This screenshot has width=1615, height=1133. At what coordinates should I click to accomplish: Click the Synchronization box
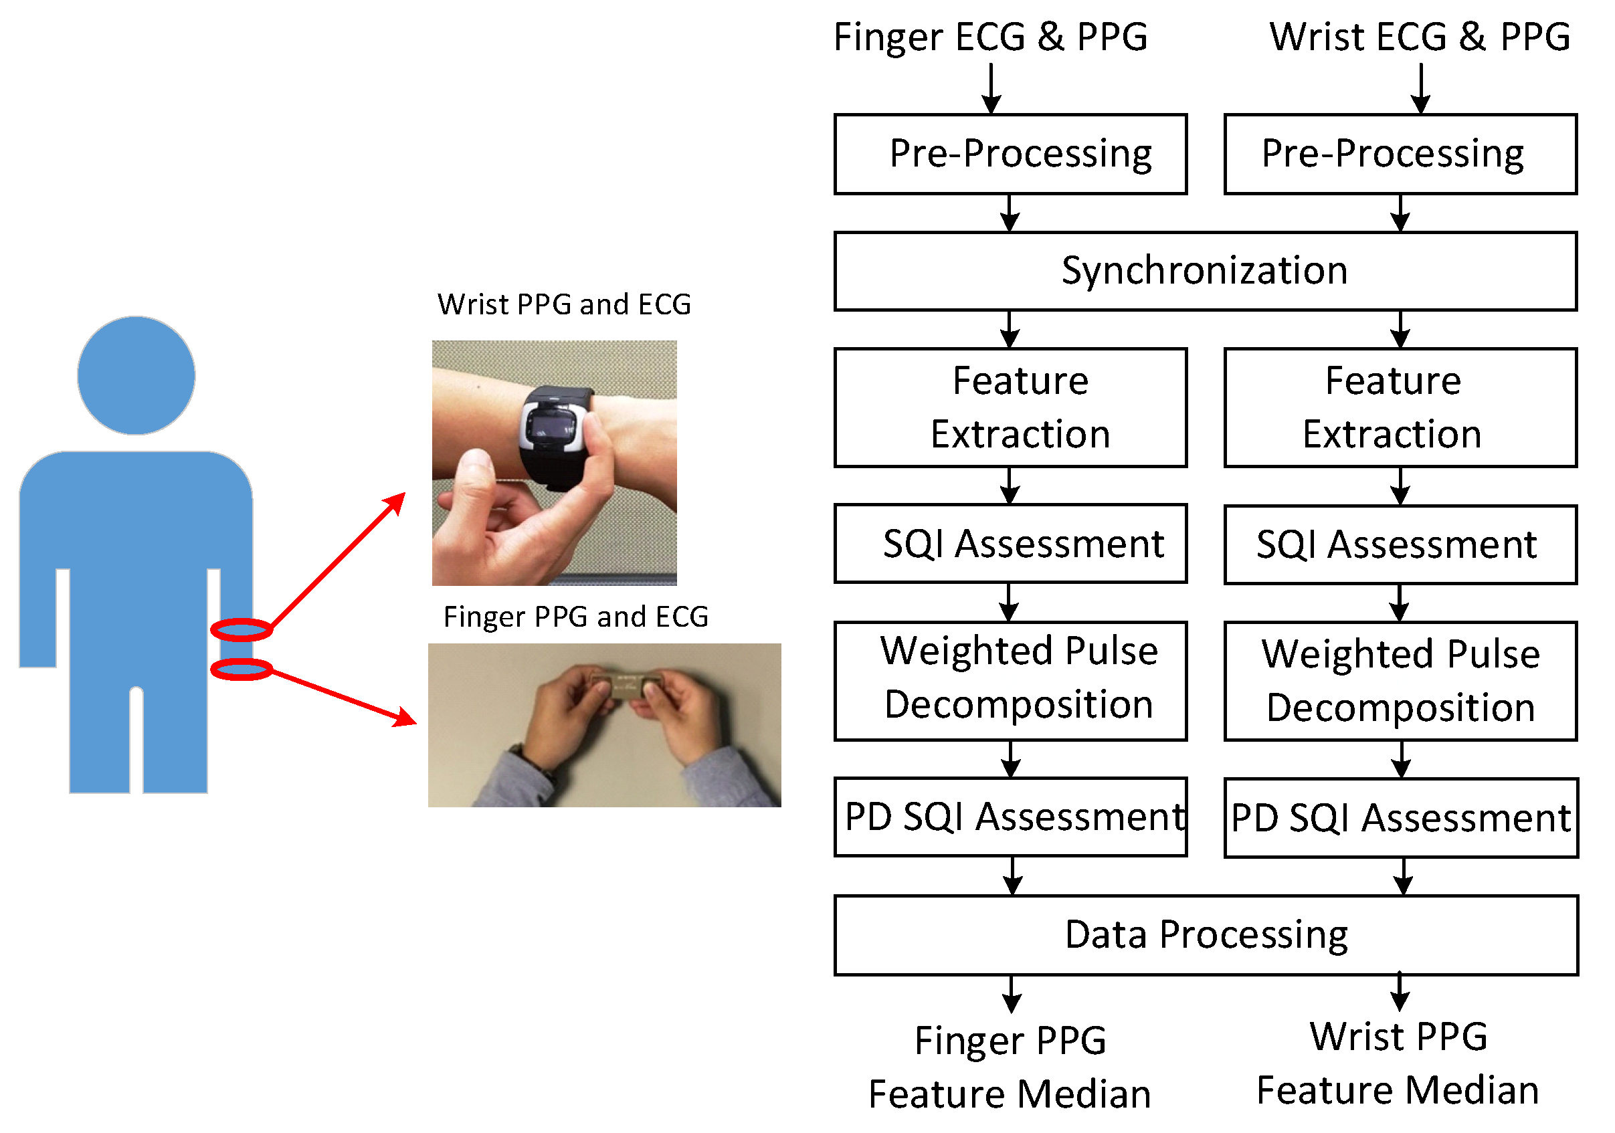[x=1204, y=271]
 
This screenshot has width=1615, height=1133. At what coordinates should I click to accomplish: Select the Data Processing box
[x=1206, y=934]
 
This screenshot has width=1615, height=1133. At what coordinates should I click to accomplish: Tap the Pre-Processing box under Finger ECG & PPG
[x=1010, y=154]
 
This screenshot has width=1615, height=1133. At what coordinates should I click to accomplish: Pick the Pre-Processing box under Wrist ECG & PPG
[x=1400, y=154]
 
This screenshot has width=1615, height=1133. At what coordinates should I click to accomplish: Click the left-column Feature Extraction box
[x=1010, y=407]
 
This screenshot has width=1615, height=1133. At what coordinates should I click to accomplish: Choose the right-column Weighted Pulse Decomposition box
[x=1400, y=680]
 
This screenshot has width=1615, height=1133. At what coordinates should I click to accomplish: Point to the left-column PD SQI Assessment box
[x=1010, y=817]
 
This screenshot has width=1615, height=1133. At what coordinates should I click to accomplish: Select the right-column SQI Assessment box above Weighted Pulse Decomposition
[x=1400, y=544]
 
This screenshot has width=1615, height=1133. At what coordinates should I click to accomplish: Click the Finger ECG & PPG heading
[x=990, y=37]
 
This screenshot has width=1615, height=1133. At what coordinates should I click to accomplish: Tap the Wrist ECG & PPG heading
[x=1420, y=37]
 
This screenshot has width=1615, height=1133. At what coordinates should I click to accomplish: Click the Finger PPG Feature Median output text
[x=1010, y=1066]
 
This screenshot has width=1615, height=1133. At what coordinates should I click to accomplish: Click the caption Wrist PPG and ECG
[x=564, y=304]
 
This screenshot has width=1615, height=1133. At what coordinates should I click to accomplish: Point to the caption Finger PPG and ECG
[x=575, y=617]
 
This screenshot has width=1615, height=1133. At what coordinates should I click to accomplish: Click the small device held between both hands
[x=624, y=684]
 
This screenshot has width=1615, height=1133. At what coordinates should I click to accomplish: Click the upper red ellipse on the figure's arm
[x=241, y=629]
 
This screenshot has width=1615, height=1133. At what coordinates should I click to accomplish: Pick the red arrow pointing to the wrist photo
[x=338, y=560]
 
